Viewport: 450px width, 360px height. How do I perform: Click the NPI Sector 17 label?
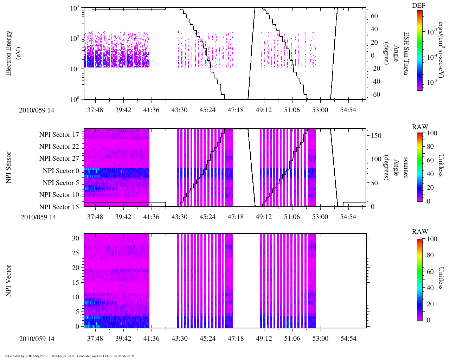pyautogui.click(x=59, y=134)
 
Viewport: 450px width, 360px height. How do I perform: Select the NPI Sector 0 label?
pyautogui.click(x=61, y=171)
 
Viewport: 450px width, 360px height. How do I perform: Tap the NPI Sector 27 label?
pyautogui.click(x=59, y=159)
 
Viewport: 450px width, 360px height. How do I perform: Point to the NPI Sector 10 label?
pyautogui.click(x=59, y=195)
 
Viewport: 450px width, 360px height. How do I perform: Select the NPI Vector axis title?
pyautogui.click(x=8, y=281)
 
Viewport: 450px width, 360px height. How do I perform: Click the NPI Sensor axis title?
pyautogui.click(x=8, y=167)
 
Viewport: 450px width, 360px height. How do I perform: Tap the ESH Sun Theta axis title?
pyautogui.click(x=406, y=53)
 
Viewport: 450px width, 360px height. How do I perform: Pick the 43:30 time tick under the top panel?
pyautogui.click(x=179, y=110)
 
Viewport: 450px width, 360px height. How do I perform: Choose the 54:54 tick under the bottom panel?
pyautogui.click(x=348, y=339)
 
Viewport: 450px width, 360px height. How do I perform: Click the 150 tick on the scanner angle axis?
pyautogui.click(x=377, y=136)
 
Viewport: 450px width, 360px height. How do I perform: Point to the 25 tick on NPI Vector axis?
pyautogui.click(x=76, y=253)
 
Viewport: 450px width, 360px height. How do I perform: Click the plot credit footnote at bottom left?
pyautogui.click(x=69, y=356)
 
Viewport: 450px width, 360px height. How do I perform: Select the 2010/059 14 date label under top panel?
pyautogui.click(x=37, y=110)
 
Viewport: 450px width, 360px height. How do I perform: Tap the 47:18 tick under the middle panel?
pyautogui.click(x=236, y=217)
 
